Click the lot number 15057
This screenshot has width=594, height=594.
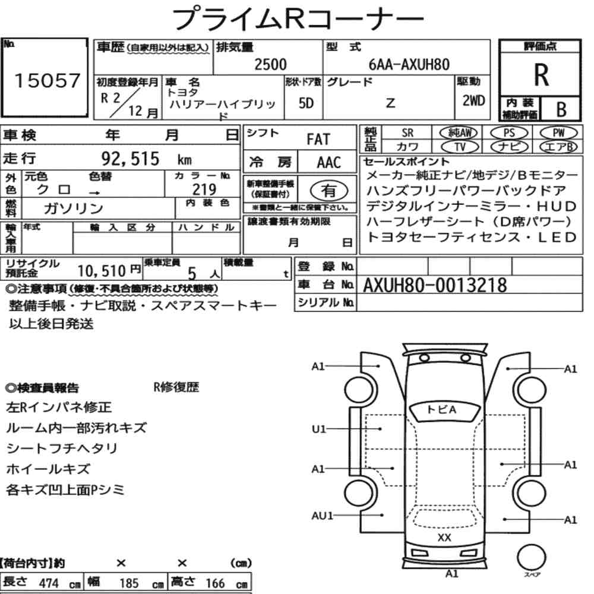coord(46,81)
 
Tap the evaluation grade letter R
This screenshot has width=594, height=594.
coord(541,74)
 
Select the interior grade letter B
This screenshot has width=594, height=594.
coord(560,109)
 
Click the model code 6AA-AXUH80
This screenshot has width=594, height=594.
coord(409,65)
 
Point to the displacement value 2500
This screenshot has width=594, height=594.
coord(270,65)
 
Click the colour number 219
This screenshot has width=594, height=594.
coord(205,189)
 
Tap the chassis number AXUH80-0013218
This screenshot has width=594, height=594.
coord(435,286)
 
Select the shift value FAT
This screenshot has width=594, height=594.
coord(318,140)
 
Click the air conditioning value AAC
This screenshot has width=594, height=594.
coord(328,162)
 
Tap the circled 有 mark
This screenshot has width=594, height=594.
coord(327,191)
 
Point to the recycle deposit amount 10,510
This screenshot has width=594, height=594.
coord(103,271)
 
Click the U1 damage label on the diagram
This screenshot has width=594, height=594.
coord(319,428)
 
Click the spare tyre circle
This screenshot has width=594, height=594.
coord(530,558)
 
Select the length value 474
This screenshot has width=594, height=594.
coord(48,583)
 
